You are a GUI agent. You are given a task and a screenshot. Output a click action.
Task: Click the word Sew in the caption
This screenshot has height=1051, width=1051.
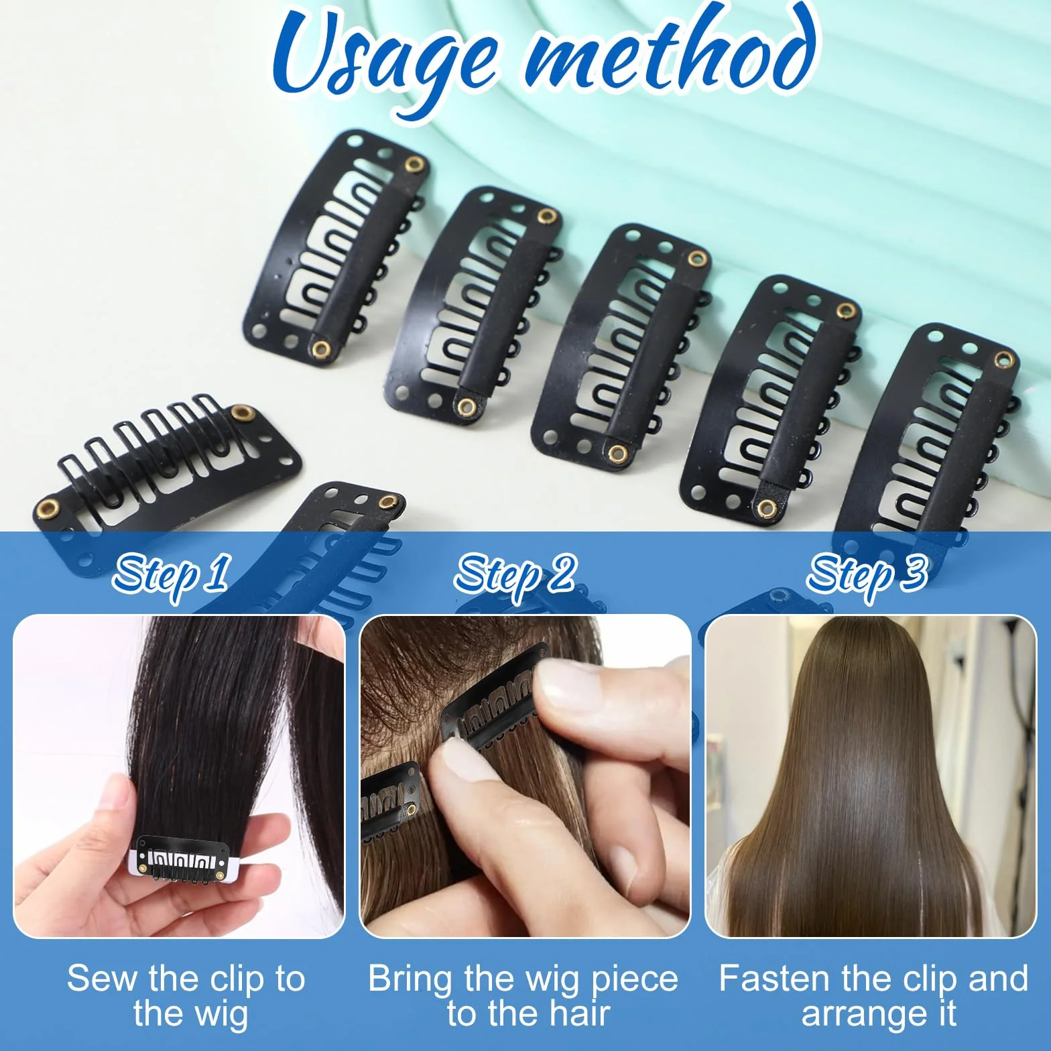tap(103, 979)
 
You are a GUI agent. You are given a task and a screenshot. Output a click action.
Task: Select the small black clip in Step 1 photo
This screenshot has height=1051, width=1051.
tap(179, 859)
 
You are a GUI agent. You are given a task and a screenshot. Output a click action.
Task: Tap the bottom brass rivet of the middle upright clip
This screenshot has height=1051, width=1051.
tap(615, 454)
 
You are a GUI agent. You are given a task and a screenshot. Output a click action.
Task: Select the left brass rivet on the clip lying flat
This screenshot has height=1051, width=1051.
tap(47, 508)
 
